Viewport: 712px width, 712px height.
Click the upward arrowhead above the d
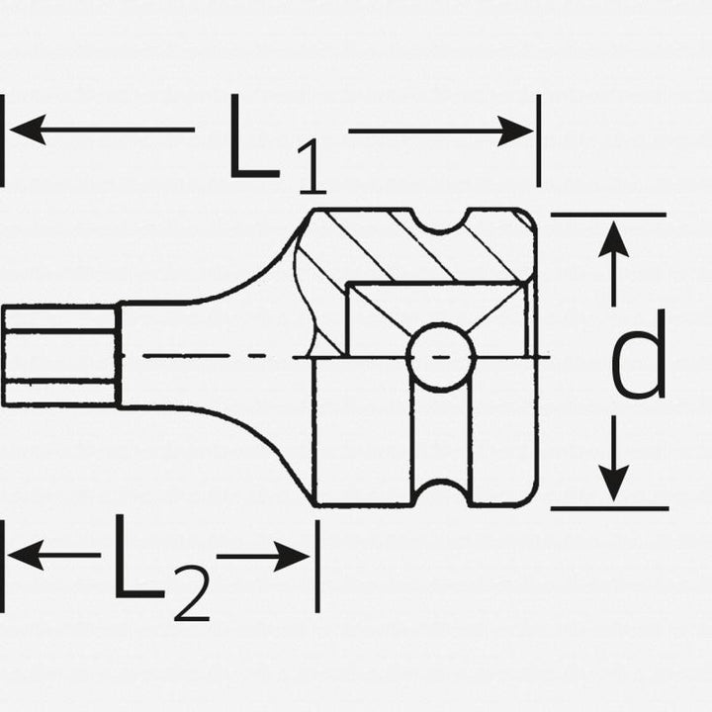click(613, 241)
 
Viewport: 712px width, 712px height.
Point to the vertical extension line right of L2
click(317, 566)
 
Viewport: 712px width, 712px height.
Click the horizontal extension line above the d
click(607, 214)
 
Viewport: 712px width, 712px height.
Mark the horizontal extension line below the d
click(607, 508)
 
